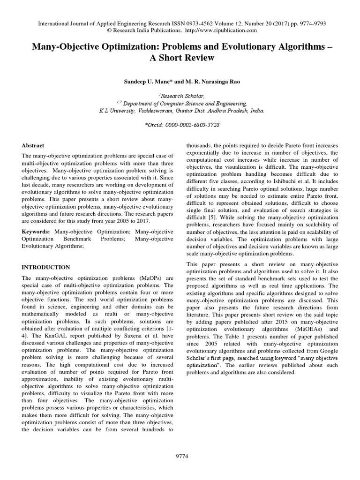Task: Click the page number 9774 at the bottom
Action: tap(180, 457)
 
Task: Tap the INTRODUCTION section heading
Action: tap(46, 267)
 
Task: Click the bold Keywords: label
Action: tap(37, 231)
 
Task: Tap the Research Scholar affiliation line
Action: tap(180, 94)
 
